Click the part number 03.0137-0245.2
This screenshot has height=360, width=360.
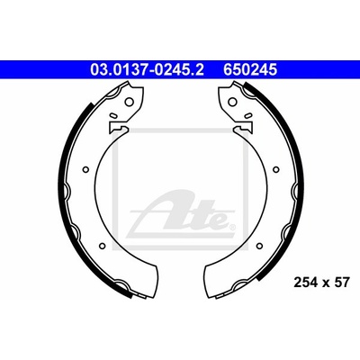point(147,70)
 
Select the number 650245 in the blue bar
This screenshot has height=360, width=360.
point(250,70)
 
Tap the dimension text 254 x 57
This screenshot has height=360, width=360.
point(321,283)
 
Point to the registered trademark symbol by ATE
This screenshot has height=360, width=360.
point(231,228)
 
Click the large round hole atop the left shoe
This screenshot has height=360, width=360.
point(129,102)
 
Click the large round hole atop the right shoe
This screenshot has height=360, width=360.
point(232,102)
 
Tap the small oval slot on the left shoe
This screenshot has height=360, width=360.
point(113,115)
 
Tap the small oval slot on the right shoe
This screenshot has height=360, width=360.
point(248,115)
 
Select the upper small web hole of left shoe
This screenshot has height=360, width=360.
point(85,170)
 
